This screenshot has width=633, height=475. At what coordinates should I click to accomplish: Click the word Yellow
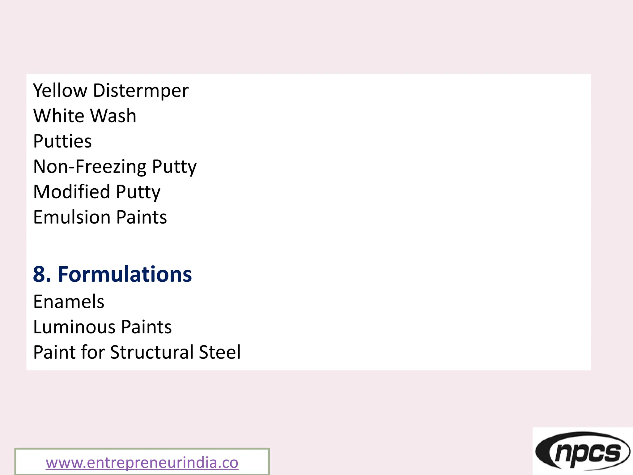point(60,91)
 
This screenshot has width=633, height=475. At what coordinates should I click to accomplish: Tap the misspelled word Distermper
point(141,91)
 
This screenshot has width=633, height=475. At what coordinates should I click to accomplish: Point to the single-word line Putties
point(62,141)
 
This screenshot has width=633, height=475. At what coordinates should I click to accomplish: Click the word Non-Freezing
point(89,167)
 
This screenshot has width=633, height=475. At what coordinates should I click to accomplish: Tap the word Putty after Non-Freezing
point(174,167)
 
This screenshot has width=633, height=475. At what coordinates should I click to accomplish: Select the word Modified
point(71,192)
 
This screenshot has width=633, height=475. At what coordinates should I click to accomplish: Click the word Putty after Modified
point(138,192)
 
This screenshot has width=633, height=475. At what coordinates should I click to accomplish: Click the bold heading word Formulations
point(125,274)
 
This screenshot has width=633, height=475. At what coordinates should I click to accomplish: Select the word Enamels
point(69,302)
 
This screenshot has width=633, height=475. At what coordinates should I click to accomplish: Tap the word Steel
point(220,353)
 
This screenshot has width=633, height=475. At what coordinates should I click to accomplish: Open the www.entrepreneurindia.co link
point(142,463)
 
